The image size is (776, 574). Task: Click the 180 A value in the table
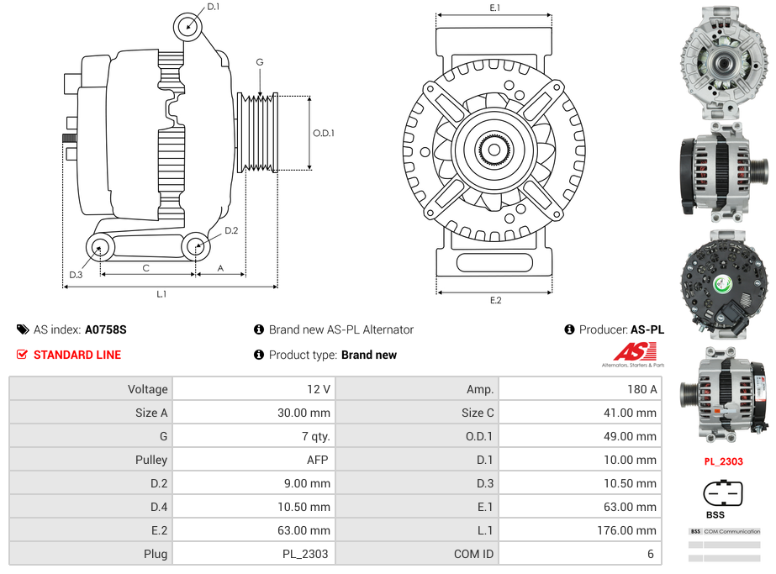[x=642, y=389]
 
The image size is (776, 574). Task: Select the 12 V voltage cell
[x=319, y=389]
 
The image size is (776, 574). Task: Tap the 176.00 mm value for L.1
[x=631, y=530]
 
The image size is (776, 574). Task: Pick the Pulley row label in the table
[x=151, y=460]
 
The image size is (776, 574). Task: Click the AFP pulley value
[x=318, y=460]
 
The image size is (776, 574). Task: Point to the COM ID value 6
[x=651, y=554]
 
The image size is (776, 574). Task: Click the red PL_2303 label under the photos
[x=723, y=461]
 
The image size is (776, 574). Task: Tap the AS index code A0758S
[x=106, y=329]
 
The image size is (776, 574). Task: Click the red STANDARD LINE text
[x=77, y=355]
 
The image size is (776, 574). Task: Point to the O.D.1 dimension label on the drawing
[x=324, y=133]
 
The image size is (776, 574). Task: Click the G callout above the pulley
[x=260, y=63]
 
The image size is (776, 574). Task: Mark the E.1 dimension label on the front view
[x=495, y=8]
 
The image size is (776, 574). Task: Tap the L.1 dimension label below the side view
[x=161, y=294]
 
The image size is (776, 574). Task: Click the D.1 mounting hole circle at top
[x=187, y=27]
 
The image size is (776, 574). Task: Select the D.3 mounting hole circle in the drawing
[x=100, y=247]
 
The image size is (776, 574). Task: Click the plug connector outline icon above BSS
[x=723, y=492]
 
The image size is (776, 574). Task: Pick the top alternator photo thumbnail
[x=723, y=57]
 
